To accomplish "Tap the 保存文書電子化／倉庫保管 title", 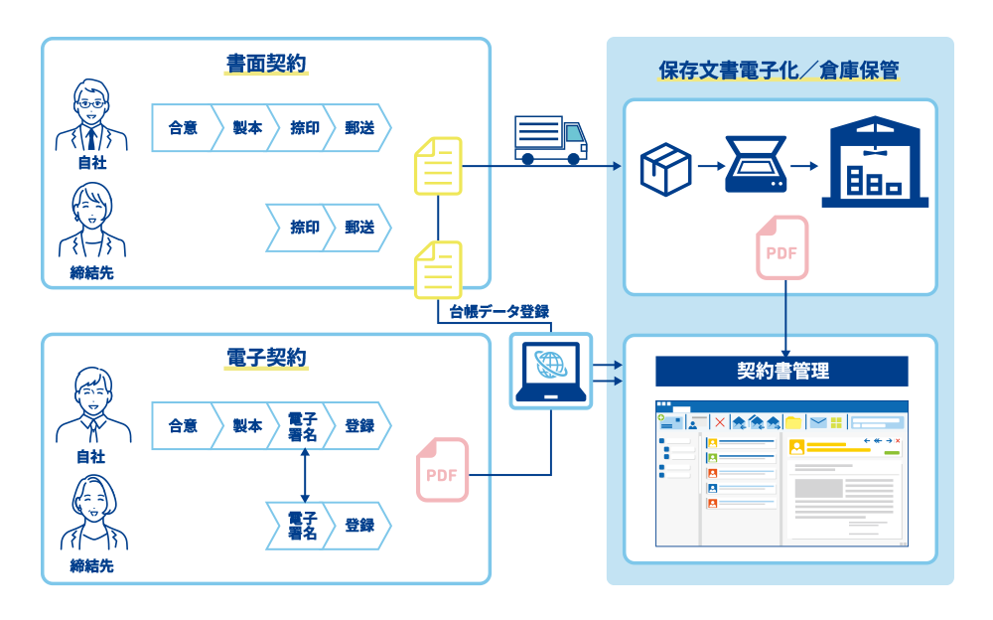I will [780, 71].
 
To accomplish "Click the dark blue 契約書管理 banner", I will [781, 372].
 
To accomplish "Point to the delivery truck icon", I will [550, 140].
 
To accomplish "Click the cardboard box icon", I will [664, 167].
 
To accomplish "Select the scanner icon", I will [757, 164].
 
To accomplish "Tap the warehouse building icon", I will [874, 163].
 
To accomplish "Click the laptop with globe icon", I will [550, 371].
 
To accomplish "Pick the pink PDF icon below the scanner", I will [781, 247].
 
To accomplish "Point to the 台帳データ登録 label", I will [498, 312].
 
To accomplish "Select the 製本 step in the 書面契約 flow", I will [247, 128].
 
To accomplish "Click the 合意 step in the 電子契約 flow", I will [183, 426].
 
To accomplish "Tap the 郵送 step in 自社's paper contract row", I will [358, 128].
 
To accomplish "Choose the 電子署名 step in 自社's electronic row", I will [302, 426].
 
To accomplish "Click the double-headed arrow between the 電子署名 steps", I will [304, 476].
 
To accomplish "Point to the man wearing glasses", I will [91, 112].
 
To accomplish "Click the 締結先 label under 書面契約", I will [91, 272].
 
